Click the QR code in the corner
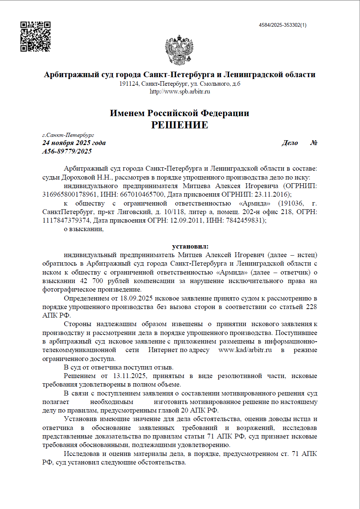point(35,36)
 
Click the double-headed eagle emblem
point(179,50)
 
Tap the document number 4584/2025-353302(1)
point(282,25)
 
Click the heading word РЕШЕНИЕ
point(180,125)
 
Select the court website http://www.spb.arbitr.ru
point(180,92)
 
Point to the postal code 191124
point(128,84)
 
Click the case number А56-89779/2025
point(67,151)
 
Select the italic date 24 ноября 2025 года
point(74,143)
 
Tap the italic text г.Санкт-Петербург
point(68,135)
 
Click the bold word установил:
point(190,246)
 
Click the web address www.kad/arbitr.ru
point(245,350)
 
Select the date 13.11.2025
point(130,376)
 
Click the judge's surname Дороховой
point(78,177)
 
